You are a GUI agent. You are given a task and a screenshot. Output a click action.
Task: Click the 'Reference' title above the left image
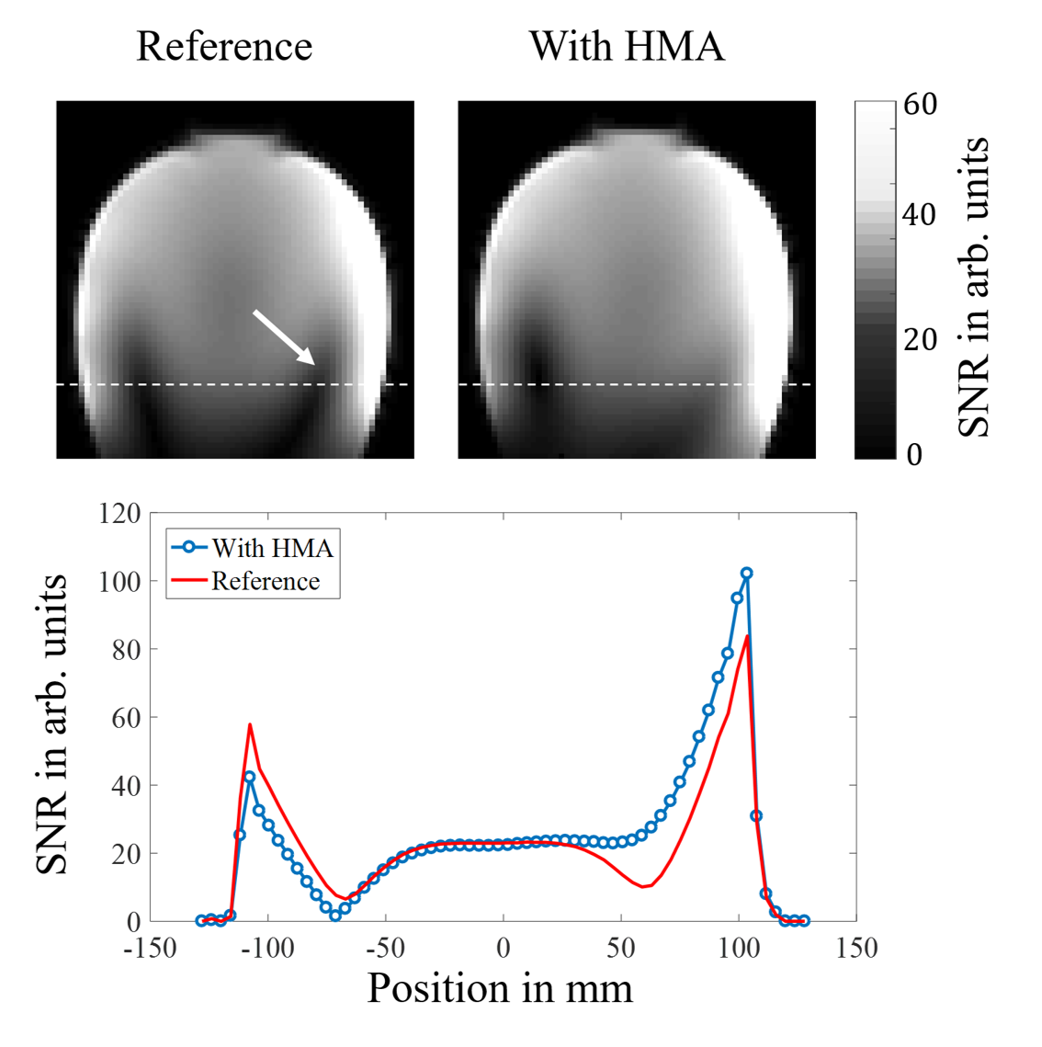224,46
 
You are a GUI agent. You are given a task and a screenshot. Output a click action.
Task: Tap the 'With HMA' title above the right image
627,46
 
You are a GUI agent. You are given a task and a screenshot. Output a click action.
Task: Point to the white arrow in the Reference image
284,337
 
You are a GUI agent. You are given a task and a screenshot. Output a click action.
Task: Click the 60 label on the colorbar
920,105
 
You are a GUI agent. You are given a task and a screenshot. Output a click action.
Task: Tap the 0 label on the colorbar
913,454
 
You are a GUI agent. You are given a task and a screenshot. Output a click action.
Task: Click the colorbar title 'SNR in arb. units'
974,287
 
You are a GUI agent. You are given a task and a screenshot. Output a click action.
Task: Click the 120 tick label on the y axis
119,513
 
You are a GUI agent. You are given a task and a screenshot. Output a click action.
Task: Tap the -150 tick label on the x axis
150,948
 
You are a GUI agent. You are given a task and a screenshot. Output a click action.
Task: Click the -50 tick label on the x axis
385,948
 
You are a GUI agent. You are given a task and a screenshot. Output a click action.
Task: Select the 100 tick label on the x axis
739,948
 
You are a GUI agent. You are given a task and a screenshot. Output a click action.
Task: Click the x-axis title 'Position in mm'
500,989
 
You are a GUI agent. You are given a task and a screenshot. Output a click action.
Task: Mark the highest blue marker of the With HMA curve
746,574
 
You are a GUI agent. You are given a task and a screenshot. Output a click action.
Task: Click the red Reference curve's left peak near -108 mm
249,725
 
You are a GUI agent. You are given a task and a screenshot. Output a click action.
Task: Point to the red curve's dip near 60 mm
644,886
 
